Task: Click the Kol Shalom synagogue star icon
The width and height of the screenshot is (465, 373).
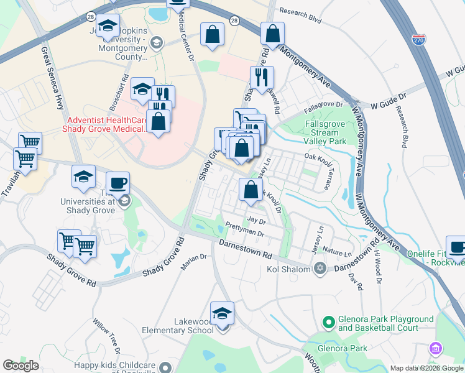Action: coord(320,269)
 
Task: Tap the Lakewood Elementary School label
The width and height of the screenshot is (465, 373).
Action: coord(178,326)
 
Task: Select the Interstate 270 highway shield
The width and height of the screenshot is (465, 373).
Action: coord(418,39)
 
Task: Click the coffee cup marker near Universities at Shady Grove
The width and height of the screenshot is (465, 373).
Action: coord(117,183)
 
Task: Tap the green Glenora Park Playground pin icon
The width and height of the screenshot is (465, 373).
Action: coord(328,322)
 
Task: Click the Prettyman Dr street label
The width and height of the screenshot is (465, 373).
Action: coord(246,230)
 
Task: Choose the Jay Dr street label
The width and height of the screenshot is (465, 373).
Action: coord(256,220)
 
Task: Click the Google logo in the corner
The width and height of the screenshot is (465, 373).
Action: coord(21,365)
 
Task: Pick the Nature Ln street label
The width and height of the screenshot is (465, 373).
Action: coord(338,253)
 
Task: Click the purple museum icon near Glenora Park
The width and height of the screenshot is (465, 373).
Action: coord(436,347)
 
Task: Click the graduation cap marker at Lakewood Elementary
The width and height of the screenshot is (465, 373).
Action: coord(222,314)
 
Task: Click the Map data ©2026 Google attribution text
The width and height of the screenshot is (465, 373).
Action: coord(426,368)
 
